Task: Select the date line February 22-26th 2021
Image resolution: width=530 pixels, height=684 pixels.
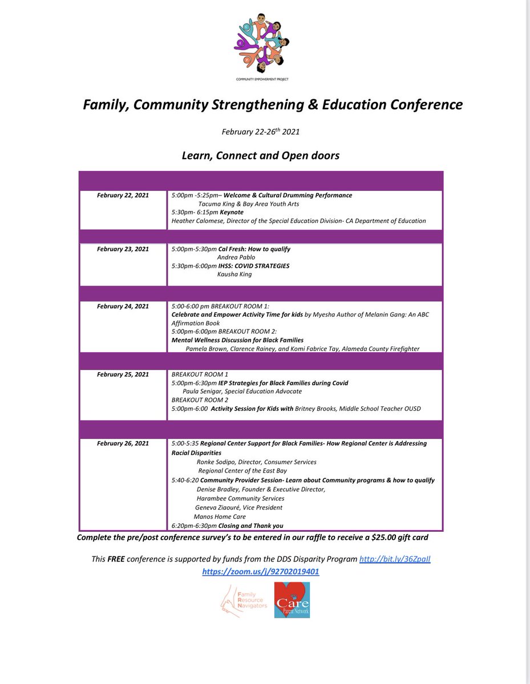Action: coord(261,132)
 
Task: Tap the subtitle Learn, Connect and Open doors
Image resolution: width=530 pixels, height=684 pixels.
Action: coord(260,155)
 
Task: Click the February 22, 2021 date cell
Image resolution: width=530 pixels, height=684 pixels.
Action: coord(123,195)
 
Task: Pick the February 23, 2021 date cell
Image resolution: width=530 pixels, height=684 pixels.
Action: coord(123,249)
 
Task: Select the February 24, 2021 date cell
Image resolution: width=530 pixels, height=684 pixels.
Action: coord(123,306)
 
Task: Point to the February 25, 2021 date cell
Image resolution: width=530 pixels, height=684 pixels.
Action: coord(123,374)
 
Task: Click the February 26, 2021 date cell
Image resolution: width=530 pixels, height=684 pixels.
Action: coord(123,443)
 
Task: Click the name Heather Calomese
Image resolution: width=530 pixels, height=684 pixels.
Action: coord(199,221)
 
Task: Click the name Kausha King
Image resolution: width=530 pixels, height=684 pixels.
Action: coord(234,274)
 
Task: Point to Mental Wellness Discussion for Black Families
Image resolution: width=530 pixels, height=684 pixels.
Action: coord(237,340)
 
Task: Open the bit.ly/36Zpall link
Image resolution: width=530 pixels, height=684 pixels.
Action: coord(394,560)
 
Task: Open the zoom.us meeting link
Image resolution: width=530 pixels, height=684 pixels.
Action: coord(260,571)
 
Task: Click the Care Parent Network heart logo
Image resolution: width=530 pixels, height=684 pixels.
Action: coord(292,600)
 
